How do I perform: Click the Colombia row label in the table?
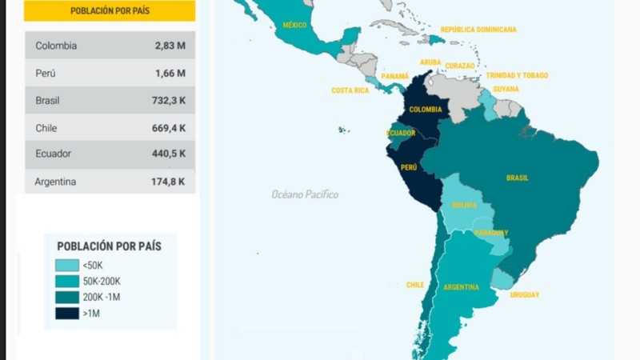(56, 46)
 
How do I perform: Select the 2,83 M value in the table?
(170, 46)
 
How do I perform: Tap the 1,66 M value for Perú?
(170, 73)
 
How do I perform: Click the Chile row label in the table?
(46, 128)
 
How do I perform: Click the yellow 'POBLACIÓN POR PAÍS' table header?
(110, 11)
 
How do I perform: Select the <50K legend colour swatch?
(67, 265)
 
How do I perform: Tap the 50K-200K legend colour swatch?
(67, 281)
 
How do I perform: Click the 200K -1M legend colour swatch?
(67, 297)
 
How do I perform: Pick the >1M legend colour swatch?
(67, 313)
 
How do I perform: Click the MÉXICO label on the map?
(294, 26)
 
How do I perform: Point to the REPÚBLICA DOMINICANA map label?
(478, 30)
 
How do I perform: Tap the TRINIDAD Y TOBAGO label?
(517, 75)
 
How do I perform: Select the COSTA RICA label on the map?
(350, 90)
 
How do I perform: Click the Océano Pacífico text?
(305, 194)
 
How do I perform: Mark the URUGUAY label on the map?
(525, 294)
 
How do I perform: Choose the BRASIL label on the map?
(517, 178)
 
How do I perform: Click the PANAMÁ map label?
(394, 76)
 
